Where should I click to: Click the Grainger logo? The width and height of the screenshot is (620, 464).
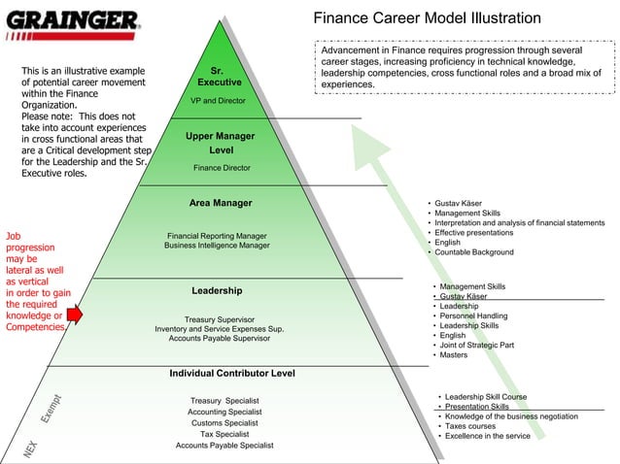point(73,21)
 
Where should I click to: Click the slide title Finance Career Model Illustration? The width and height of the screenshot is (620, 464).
point(427,18)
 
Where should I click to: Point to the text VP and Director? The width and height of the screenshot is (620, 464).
point(219,100)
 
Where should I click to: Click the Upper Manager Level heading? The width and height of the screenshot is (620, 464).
point(221,144)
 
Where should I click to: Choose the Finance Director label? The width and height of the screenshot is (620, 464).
point(222,168)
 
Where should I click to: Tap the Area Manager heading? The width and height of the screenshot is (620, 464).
point(221,203)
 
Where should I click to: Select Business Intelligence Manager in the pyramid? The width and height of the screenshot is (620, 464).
point(217,246)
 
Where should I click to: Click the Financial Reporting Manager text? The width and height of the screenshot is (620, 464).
point(217,235)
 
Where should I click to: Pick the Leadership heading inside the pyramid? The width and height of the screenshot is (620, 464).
point(218,290)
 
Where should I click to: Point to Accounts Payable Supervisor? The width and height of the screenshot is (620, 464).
point(220,339)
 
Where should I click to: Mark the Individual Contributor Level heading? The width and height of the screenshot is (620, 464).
point(232,373)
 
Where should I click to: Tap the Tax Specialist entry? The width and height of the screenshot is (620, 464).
point(224,434)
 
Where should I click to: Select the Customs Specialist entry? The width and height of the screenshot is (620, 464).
point(224,423)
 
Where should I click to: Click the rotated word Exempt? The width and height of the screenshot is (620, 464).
point(52,408)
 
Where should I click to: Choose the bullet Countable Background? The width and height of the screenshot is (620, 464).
point(474,252)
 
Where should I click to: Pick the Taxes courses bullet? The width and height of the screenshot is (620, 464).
point(470,426)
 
